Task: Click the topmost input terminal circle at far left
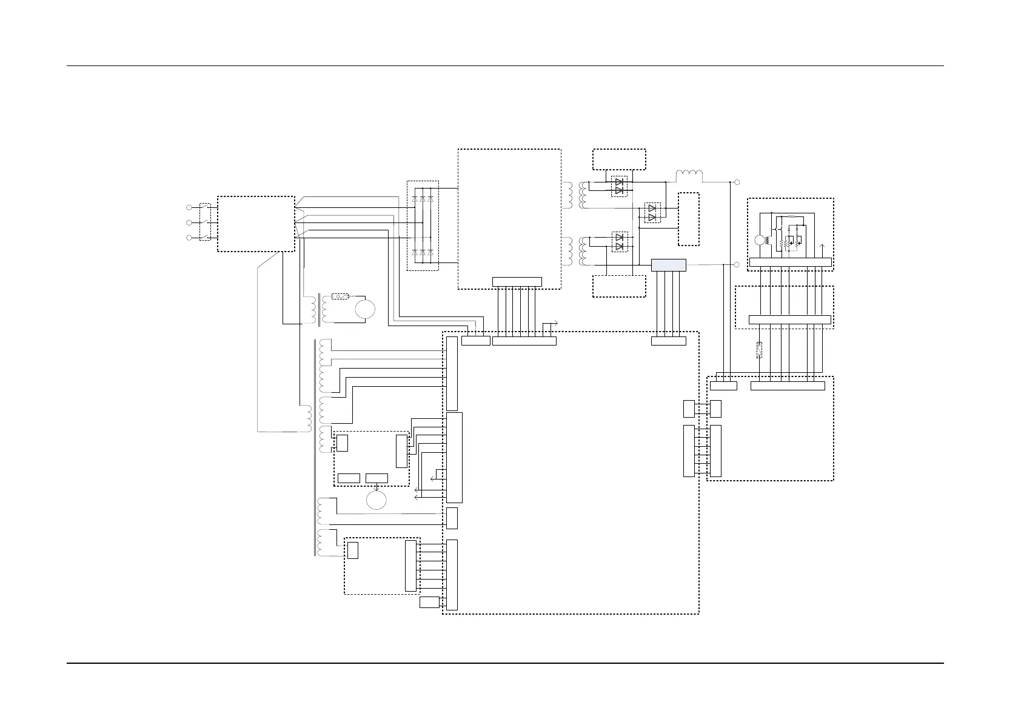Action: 189,209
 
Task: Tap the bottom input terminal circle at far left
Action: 189,238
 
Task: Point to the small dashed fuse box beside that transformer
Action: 341,296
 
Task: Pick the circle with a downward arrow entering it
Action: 377,500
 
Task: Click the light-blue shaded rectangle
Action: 668,265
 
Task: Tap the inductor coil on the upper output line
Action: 689,176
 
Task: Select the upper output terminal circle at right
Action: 737,182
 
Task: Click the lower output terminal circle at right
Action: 737,264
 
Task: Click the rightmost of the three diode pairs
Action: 652,213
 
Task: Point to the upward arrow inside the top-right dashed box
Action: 822,249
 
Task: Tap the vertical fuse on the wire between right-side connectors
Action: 759,349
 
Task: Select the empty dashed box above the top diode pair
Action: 619,159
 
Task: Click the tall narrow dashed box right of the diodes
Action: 688,219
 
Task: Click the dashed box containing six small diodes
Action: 422,226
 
